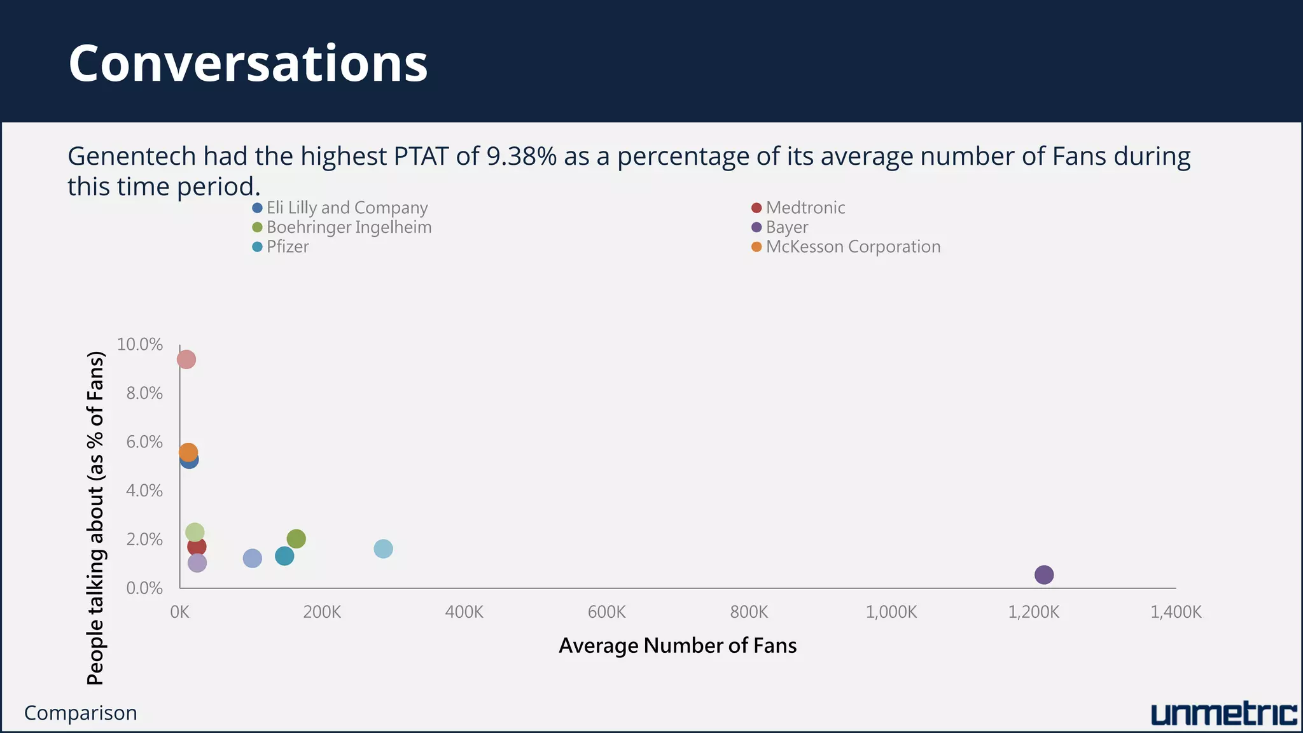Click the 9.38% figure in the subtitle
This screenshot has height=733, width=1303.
522,156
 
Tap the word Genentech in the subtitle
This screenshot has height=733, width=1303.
132,156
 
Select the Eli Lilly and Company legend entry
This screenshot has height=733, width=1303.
346,208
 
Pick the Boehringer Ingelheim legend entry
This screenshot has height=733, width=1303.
348,228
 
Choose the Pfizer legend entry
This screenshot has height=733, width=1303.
287,247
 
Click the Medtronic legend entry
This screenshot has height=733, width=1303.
805,208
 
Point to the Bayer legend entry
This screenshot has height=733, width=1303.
786,228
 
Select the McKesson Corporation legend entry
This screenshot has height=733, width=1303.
853,247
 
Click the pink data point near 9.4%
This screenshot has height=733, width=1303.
186,360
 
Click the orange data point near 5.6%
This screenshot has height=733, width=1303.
188,452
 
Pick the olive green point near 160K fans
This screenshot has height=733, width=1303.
296,539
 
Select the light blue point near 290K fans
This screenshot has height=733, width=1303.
383,548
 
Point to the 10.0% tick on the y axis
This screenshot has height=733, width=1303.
140,344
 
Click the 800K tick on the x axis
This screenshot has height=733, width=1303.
749,612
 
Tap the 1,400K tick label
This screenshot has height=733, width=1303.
1176,612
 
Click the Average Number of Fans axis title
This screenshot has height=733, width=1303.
678,646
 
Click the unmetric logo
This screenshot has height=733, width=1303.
1223,715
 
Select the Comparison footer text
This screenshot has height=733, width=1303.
81,713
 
